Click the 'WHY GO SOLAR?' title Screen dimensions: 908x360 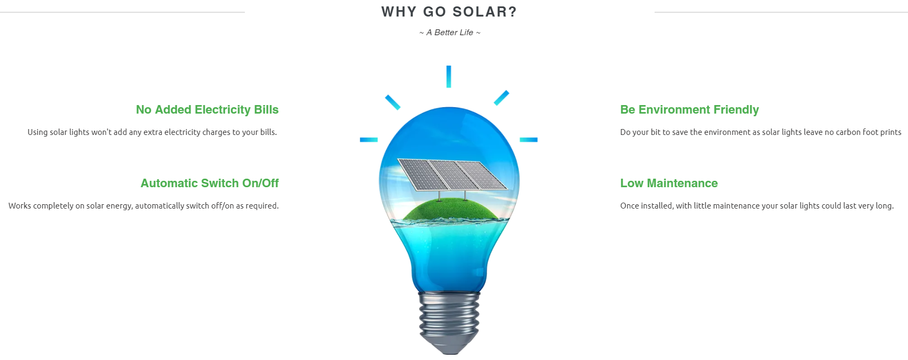(449, 12)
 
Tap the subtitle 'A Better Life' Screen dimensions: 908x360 (450, 33)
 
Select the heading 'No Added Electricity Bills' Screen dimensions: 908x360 (207, 109)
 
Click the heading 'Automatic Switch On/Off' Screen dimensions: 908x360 (210, 183)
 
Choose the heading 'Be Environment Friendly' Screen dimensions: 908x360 (689, 109)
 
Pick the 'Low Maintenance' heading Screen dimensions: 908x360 (669, 183)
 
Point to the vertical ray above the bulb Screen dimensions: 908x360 (449, 77)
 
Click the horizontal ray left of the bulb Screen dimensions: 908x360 (369, 140)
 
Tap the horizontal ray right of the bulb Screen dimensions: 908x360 (529, 140)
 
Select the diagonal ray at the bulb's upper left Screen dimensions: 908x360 (393, 102)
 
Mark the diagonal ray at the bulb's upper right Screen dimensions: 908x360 (501, 98)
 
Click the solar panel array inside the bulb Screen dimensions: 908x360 (452, 174)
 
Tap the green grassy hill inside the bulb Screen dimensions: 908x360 (450, 210)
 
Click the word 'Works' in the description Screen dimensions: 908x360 (20, 206)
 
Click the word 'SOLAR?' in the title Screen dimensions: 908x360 (485, 12)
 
